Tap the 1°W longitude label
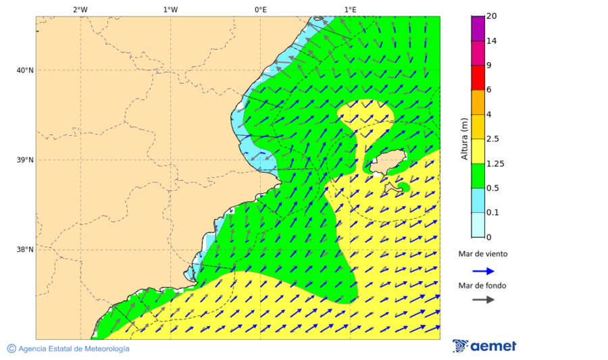[170, 9]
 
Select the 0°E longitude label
[260, 9]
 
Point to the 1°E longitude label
[350, 9]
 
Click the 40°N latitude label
[25, 70]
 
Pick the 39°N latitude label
[25, 160]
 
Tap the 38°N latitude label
[25, 250]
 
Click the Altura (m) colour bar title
[464, 138]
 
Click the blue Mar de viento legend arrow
[483, 271]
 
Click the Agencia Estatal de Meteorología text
[74, 349]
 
